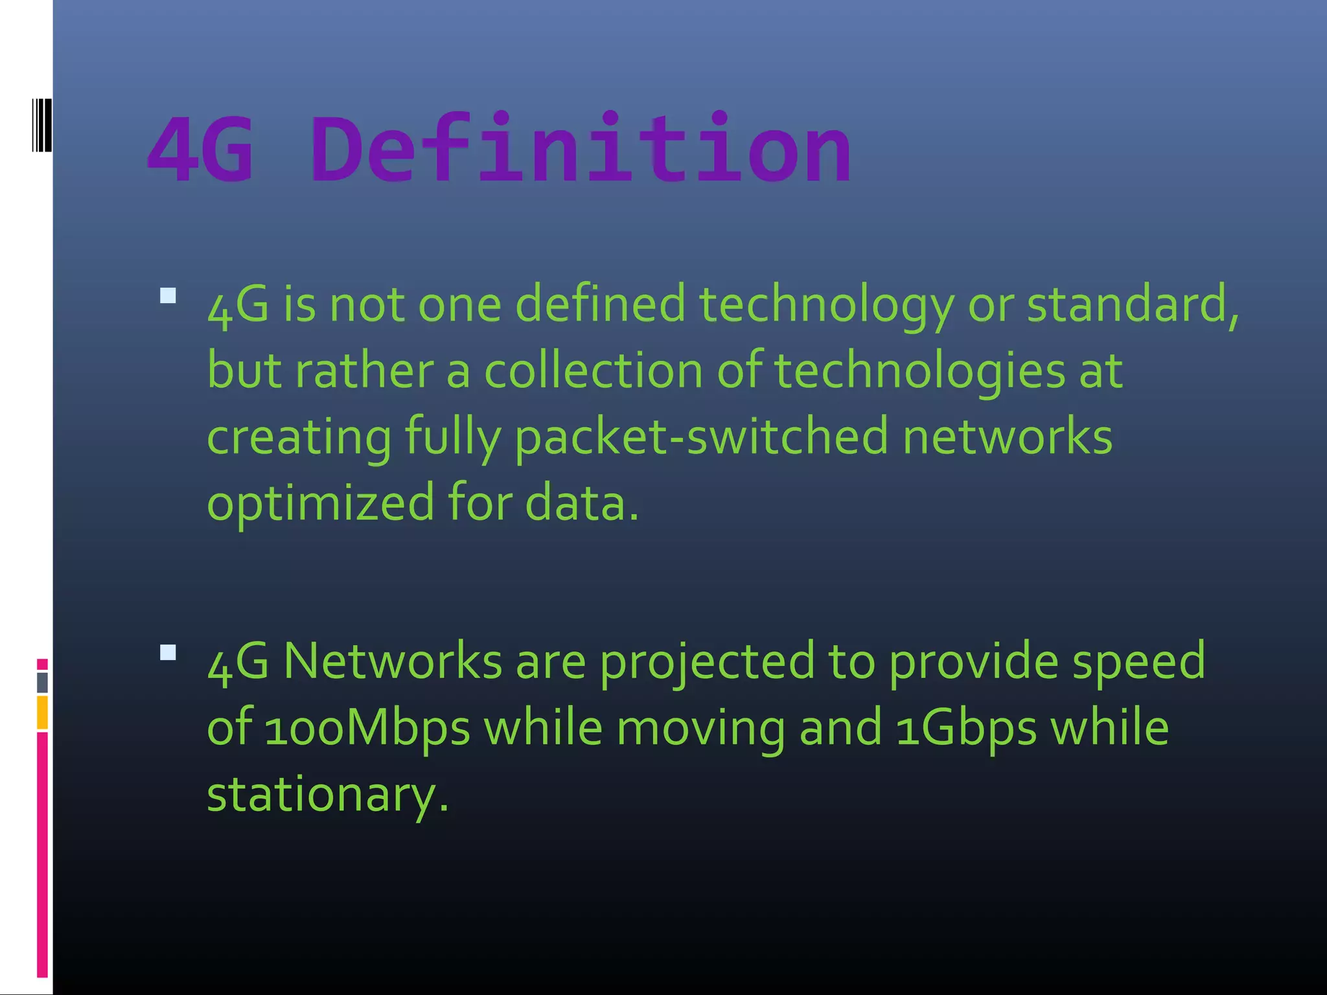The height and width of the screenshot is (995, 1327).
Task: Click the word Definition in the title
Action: tap(581, 149)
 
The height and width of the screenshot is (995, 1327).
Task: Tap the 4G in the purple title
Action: tap(200, 149)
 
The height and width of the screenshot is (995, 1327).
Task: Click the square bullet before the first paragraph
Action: tap(168, 296)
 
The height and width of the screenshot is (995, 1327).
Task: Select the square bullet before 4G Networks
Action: tap(168, 652)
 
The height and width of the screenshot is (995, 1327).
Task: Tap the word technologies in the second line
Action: tap(919, 372)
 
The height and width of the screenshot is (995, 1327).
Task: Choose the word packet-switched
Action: tap(701, 437)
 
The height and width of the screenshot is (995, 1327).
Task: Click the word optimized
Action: tap(320, 503)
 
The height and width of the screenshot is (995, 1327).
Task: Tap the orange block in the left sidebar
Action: tap(42, 712)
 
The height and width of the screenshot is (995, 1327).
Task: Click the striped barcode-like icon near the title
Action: tap(41, 125)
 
